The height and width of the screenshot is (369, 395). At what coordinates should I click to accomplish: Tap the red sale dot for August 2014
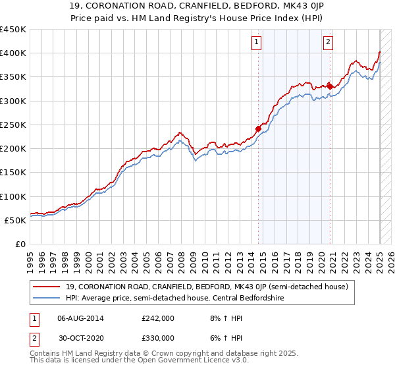258,128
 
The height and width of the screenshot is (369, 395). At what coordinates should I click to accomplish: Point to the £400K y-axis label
13,53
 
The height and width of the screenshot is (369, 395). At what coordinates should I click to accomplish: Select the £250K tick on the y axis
13,125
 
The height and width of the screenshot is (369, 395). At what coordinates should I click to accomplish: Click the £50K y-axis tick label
15,220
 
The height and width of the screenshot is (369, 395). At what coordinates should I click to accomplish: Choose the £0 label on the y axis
20,244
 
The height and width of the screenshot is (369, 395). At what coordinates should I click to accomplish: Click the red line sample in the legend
46,286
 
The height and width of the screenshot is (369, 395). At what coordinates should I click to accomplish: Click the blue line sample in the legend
46,297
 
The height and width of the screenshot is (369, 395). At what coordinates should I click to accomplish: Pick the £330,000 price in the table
157,337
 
